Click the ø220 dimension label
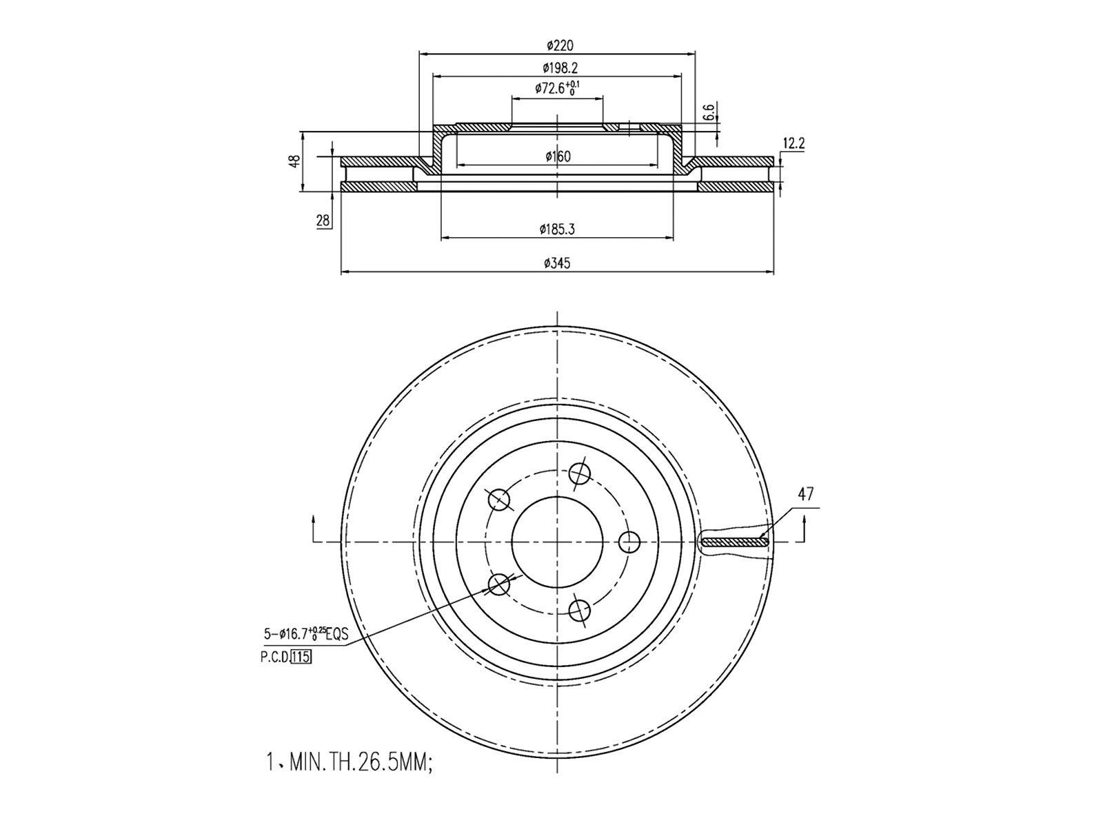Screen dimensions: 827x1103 point(559,45)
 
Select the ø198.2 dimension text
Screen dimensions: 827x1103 point(559,68)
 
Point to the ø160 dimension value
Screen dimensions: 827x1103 point(558,156)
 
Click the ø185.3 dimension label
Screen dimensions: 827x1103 point(557,229)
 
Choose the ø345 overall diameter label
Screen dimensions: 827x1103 point(557,263)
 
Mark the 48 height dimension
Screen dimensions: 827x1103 point(295,161)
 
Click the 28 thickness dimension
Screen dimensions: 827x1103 point(323,221)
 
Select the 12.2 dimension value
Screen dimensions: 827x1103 point(793,143)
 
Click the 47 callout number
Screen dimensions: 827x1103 point(805,494)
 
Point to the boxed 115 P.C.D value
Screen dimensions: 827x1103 point(301,657)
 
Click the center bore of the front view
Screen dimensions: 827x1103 point(557,542)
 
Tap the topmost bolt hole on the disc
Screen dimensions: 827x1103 point(580,473)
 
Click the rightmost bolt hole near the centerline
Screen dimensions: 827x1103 point(629,542)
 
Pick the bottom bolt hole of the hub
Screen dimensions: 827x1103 point(580,610)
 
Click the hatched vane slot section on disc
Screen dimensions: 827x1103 point(734,542)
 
